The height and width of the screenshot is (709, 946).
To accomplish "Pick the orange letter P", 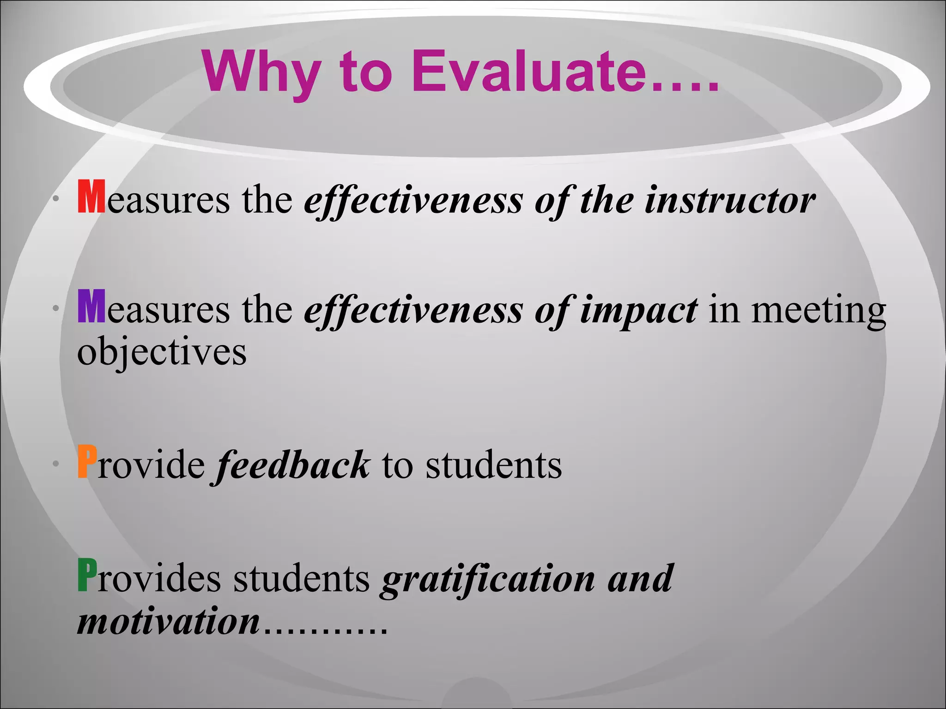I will (x=87, y=461).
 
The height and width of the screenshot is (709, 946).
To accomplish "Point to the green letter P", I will (x=87, y=575).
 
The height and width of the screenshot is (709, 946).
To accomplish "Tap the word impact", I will (x=638, y=310).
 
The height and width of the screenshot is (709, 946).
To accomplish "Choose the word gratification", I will (x=488, y=579).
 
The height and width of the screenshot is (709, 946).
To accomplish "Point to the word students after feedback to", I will (x=493, y=465).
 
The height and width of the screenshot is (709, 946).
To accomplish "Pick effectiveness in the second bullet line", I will (x=413, y=310).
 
